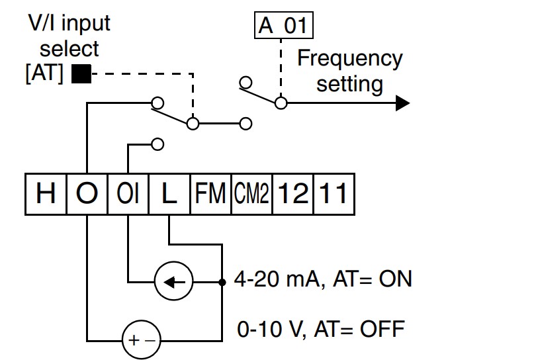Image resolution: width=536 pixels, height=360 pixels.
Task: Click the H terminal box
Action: (x=46, y=194)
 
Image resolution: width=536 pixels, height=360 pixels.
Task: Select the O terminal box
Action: (x=87, y=194)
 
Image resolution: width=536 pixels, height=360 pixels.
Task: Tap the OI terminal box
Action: (x=128, y=194)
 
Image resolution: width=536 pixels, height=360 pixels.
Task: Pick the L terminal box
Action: (x=169, y=194)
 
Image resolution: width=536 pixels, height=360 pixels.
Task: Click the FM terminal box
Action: (x=210, y=194)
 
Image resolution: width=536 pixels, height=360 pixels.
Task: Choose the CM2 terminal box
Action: (x=251, y=194)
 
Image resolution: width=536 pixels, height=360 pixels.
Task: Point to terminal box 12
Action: (x=293, y=194)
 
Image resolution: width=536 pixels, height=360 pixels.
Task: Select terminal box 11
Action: (x=334, y=194)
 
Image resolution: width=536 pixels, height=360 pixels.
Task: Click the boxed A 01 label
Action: (x=284, y=25)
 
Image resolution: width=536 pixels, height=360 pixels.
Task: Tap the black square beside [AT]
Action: (x=81, y=73)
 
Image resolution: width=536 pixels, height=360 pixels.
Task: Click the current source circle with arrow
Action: (x=173, y=281)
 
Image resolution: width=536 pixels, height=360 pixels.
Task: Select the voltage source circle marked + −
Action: (x=141, y=339)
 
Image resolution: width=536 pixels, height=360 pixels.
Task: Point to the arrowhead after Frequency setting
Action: (x=403, y=103)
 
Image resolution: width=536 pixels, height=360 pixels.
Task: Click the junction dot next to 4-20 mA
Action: (x=222, y=282)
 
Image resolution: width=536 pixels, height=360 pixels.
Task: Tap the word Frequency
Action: (x=350, y=59)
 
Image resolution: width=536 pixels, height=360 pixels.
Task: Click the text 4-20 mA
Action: (x=277, y=279)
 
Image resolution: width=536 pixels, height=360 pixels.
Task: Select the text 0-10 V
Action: (x=270, y=330)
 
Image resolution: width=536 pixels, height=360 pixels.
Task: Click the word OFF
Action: (x=382, y=329)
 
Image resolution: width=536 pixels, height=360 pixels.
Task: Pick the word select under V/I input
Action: (x=69, y=48)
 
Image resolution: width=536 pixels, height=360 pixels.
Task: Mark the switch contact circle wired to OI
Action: (x=157, y=144)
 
